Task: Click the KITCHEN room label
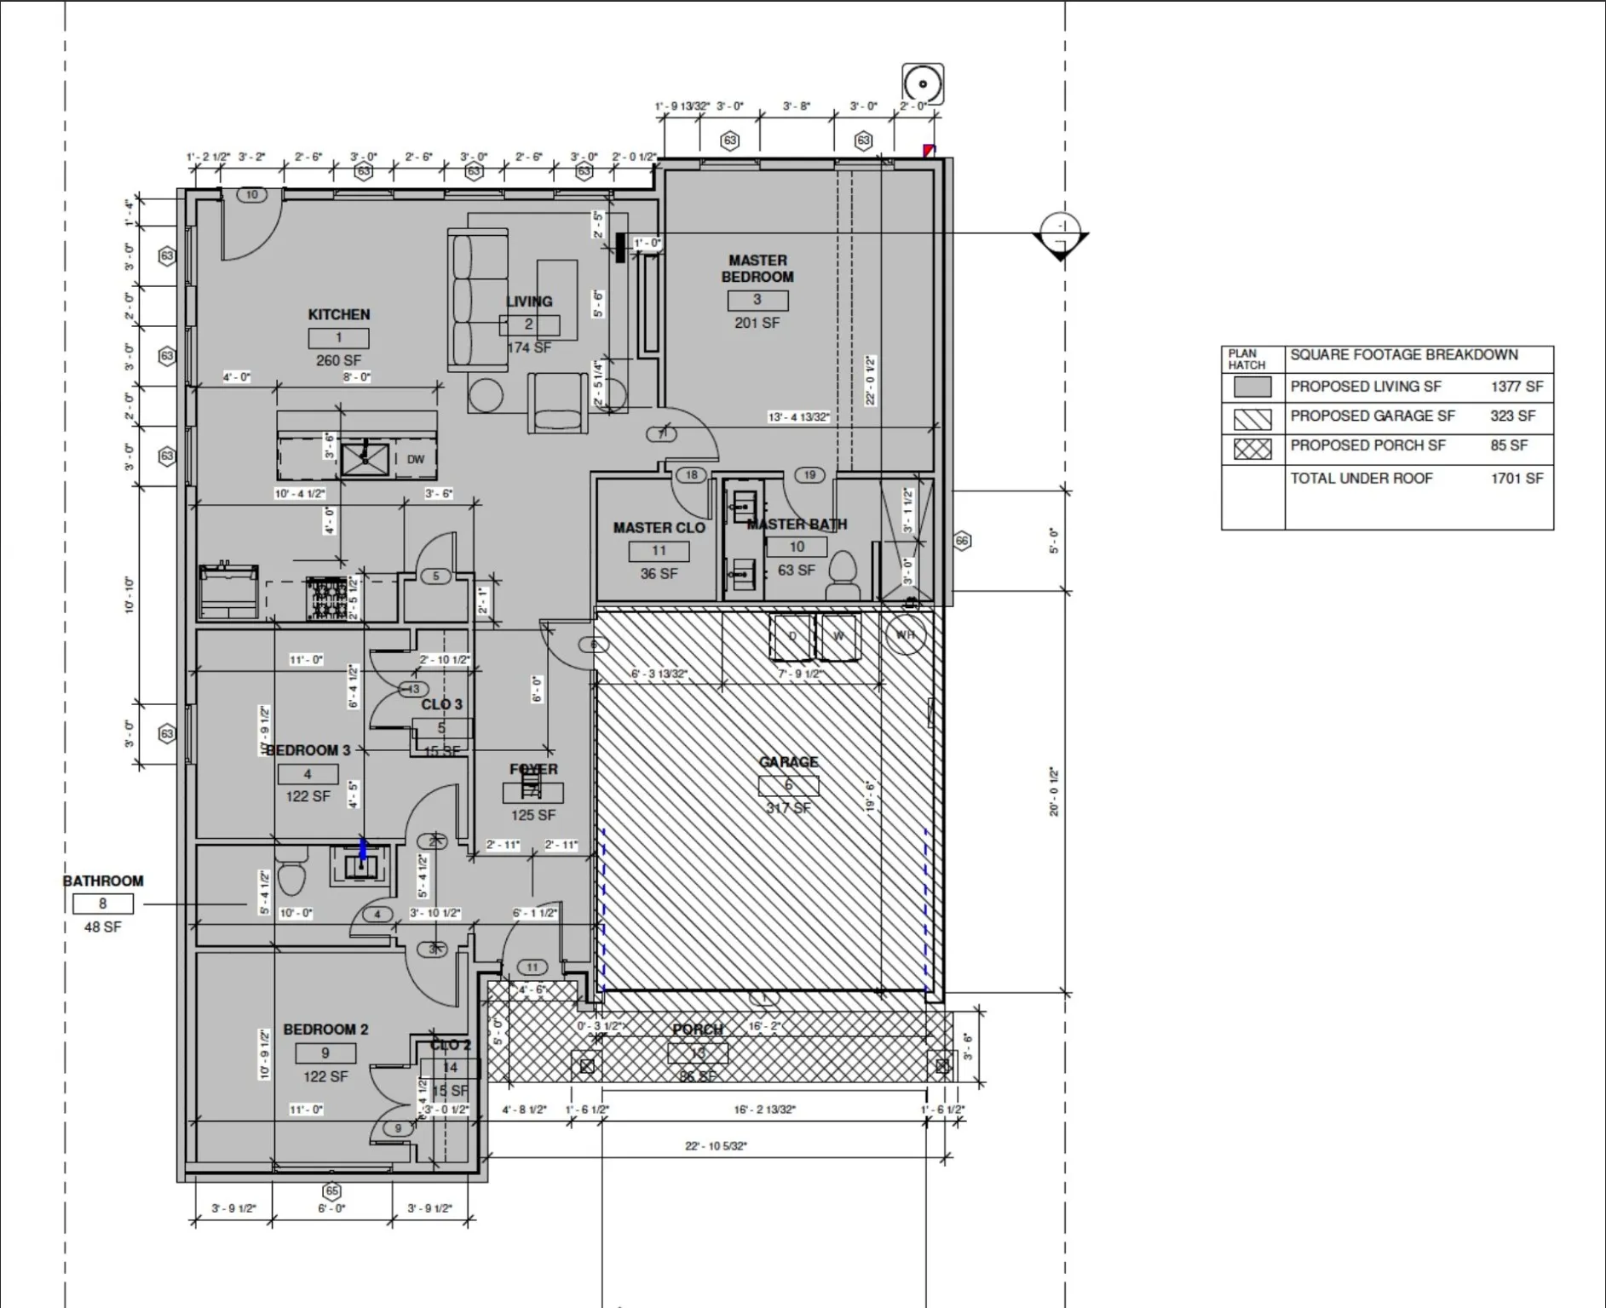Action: click(338, 314)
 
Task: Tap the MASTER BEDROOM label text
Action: click(757, 268)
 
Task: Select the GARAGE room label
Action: click(788, 762)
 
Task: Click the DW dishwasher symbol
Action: click(415, 459)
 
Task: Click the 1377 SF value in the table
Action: click(1516, 387)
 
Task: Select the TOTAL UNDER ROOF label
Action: click(1361, 479)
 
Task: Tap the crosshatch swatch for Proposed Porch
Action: click(1252, 448)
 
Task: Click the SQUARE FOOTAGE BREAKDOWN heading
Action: click(1403, 355)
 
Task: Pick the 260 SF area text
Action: click(338, 360)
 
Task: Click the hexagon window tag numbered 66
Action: click(962, 541)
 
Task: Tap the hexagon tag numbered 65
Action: click(331, 1190)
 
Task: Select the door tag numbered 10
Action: click(251, 195)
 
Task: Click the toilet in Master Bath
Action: click(843, 572)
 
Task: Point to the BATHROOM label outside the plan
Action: click(103, 881)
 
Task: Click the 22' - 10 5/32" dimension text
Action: click(715, 1146)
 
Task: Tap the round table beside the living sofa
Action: click(486, 395)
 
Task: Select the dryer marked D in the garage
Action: click(791, 636)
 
